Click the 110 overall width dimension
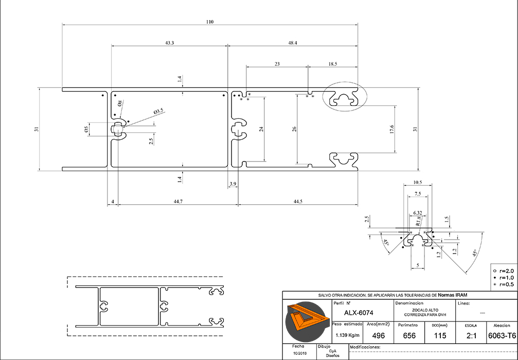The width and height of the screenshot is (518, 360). coord(209,22)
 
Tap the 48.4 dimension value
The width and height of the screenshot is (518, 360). coord(292,43)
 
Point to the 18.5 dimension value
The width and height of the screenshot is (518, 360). coord(332,64)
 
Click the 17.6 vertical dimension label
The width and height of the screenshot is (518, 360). coord(391,130)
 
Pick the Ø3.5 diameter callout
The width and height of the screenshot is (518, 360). coord(158,111)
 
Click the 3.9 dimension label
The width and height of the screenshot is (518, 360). coord(233,184)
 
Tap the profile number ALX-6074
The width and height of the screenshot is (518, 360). coord(359,313)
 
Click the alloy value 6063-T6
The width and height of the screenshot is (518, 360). coord(502,335)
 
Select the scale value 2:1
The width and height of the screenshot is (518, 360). coord(470,335)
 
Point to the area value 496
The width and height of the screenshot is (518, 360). coord(378,335)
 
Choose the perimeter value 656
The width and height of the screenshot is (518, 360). coord(409,335)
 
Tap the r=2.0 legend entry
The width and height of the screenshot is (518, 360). coord(504,271)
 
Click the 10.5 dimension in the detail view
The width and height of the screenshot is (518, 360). coord(417,183)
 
